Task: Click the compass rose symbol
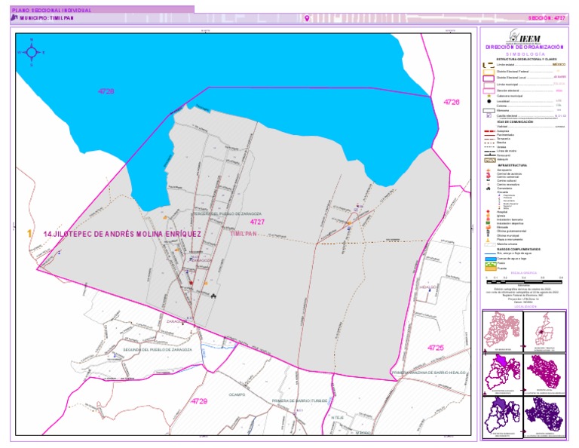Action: [x=31, y=52]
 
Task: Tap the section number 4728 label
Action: [x=106, y=91]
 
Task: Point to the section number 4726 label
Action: [x=451, y=101]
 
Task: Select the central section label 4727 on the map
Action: [x=258, y=222]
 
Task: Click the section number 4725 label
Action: [x=436, y=347]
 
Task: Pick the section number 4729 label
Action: [x=199, y=400]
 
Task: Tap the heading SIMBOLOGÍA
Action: [x=525, y=54]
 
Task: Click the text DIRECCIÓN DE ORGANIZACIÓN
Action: [x=525, y=47]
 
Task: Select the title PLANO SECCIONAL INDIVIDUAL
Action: [x=54, y=11]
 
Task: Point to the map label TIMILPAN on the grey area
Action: [x=244, y=234]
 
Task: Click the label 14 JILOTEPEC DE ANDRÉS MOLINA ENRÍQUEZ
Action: [x=122, y=235]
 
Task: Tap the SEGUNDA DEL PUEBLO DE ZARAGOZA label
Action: [x=158, y=351]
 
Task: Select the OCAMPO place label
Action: [x=237, y=394]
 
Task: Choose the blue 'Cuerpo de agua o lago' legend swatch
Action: [x=488, y=256]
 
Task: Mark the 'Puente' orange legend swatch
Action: [x=488, y=268]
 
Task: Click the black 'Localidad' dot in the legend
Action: [x=488, y=100]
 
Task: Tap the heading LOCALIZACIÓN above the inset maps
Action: [x=525, y=306]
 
